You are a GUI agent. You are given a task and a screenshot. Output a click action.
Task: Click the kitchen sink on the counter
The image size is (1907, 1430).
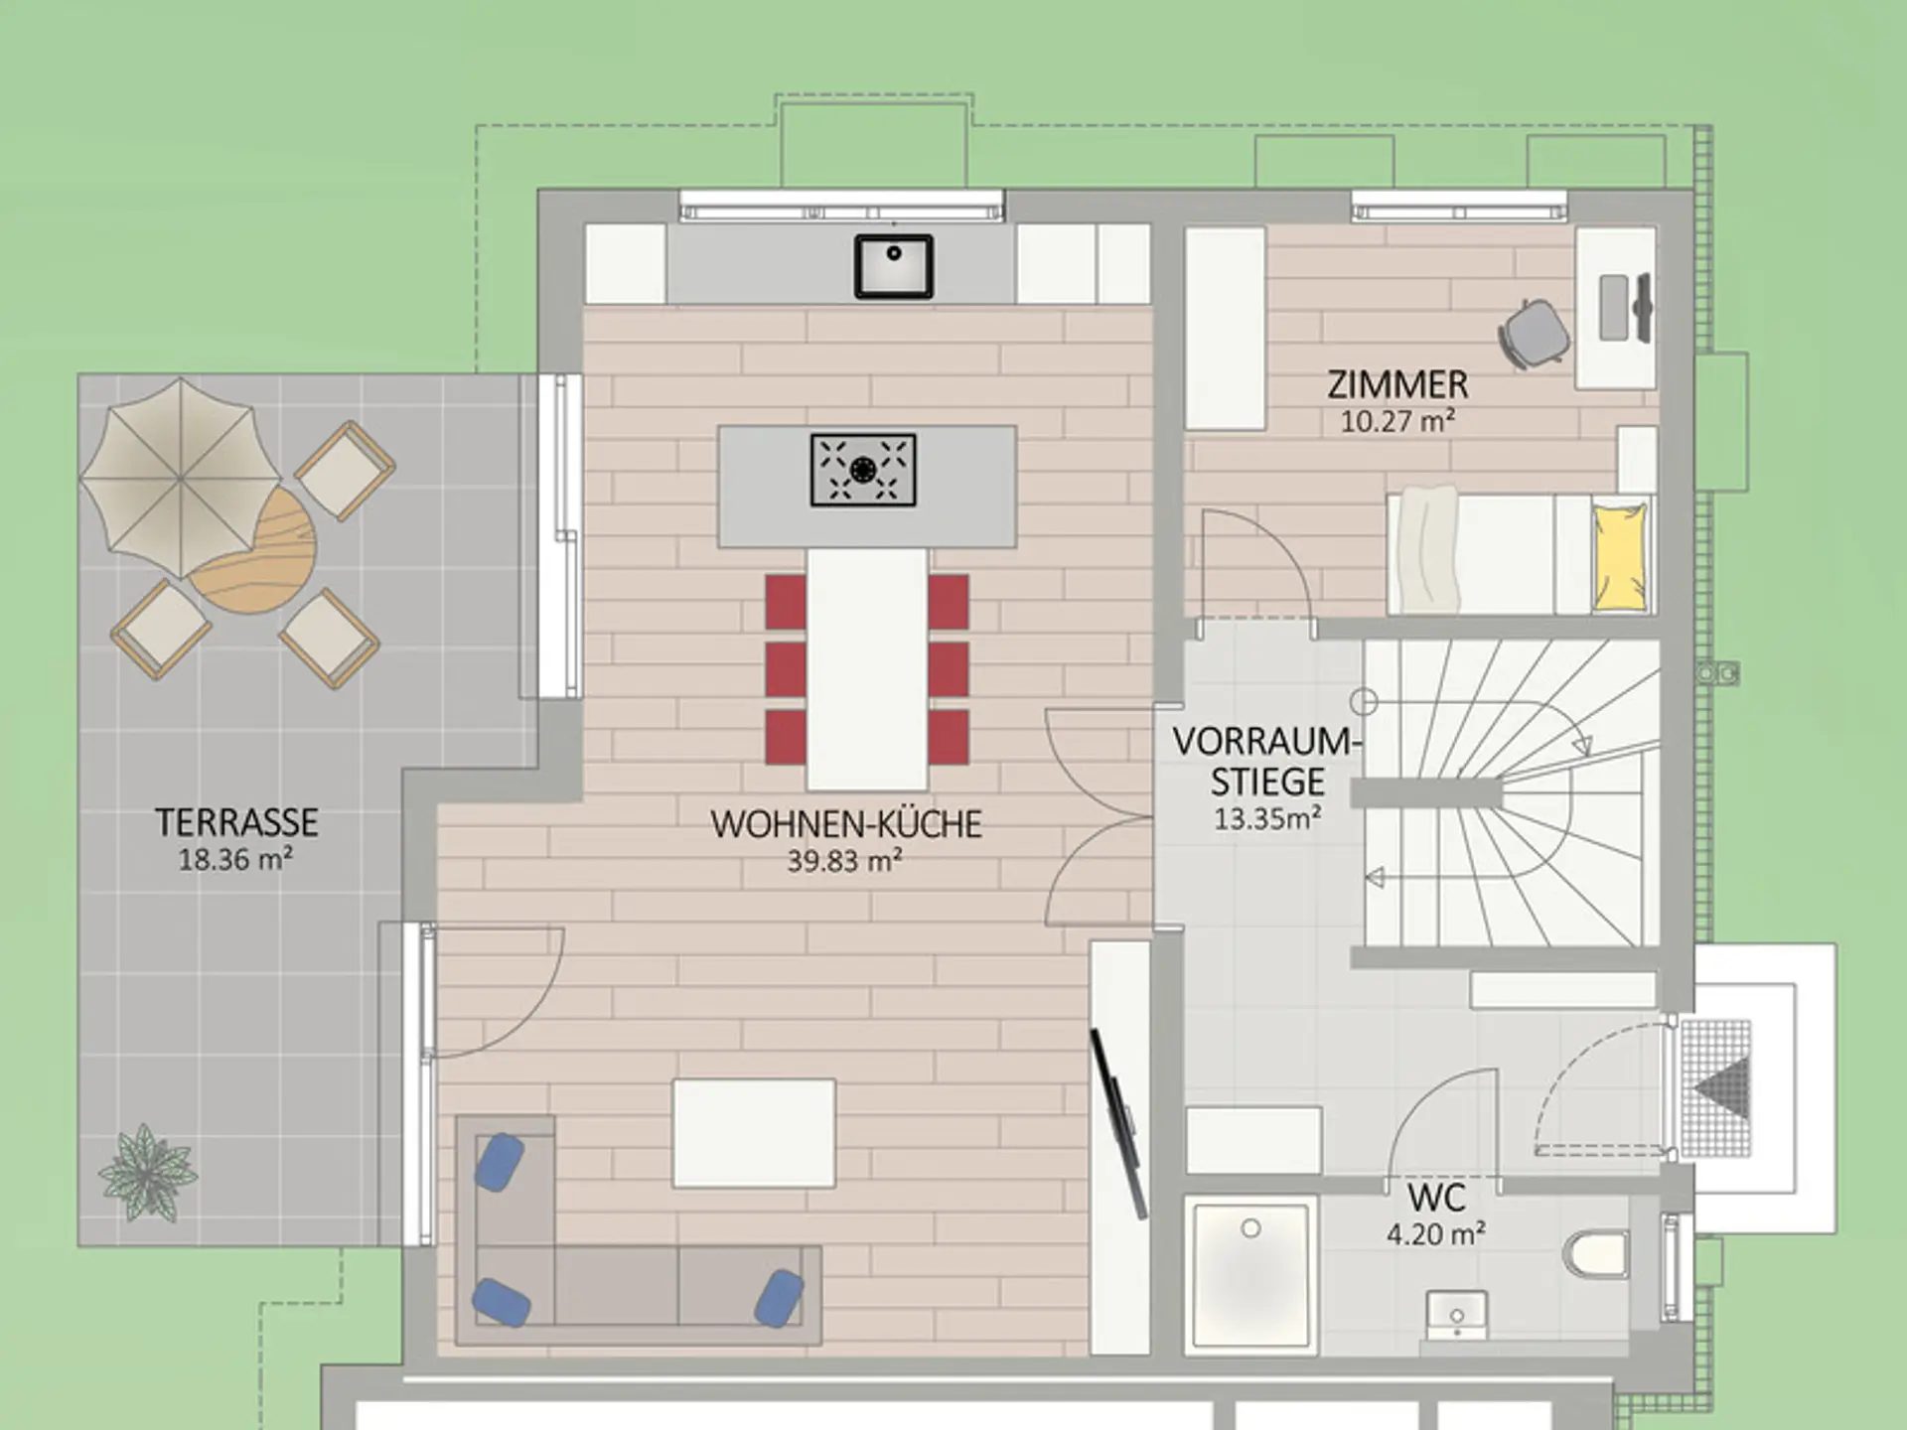coord(894,266)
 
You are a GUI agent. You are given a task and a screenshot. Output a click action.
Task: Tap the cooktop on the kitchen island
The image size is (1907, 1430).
coord(863,470)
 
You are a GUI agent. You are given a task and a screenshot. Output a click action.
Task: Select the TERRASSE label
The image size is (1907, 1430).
coord(236,822)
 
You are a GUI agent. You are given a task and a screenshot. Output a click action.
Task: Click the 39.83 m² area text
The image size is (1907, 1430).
coord(844,860)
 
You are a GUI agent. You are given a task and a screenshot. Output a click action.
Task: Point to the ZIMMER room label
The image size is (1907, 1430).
coord(1397,384)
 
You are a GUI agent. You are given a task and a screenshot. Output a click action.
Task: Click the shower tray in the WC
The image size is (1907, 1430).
coord(1251,1275)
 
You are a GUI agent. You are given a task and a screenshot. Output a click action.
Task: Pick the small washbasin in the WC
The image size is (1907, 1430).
coord(1456,1317)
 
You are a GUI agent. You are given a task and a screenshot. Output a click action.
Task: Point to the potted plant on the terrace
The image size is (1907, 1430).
coord(148,1173)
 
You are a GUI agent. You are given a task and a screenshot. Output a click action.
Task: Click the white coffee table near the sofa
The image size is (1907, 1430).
coord(754,1133)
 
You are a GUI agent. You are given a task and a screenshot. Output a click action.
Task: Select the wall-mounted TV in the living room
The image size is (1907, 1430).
coord(1119,1123)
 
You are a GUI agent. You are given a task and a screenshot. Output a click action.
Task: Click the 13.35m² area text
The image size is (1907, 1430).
coord(1267,818)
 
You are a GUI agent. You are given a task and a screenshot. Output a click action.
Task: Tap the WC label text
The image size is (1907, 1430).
coord(1436,1198)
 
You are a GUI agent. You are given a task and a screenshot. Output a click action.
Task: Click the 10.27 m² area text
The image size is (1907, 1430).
coord(1397,421)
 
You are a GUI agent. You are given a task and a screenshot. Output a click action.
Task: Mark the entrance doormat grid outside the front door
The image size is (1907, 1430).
coord(1716,1087)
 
